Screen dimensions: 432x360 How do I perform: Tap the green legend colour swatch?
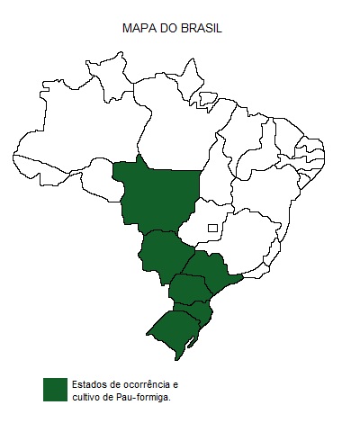pyautogui.click(x=55, y=389)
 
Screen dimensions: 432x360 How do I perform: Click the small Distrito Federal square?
pyautogui.click(x=212, y=228)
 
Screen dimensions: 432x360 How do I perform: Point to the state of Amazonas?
pyautogui.click(x=85, y=135)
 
